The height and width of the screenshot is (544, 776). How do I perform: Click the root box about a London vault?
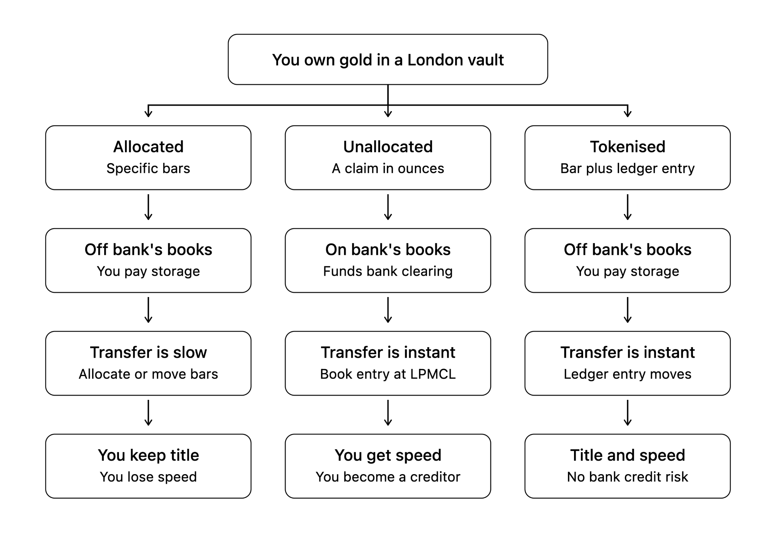coord(388,60)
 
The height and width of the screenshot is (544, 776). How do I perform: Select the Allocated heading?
coord(148,147)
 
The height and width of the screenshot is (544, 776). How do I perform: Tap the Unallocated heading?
coord(388,147)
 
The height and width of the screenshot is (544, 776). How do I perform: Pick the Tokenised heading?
coord(627,147)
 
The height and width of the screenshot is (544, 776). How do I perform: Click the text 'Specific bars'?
coord(148,168)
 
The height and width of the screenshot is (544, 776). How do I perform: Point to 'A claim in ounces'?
coord(388,168)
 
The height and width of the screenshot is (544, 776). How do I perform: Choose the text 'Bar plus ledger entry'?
coord(627,168)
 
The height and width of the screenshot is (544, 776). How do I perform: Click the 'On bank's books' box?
coord(388,260)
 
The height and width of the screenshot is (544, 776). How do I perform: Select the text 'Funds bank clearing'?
coord(388,271)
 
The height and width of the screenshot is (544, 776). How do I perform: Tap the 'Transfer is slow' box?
coord(148,363)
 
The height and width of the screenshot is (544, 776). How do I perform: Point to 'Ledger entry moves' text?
coord(627,374)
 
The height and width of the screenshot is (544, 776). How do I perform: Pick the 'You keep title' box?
coord(148,466)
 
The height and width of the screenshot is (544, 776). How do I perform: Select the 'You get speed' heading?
coord(388,455)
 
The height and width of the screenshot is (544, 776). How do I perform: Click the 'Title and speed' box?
coord(627,466)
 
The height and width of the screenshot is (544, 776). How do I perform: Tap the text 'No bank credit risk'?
coord(627,477)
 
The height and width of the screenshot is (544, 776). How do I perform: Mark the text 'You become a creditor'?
coord(388,477)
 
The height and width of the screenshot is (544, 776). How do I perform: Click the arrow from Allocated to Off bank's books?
coord(148,207)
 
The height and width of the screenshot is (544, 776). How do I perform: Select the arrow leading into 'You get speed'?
coord(388,413)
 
